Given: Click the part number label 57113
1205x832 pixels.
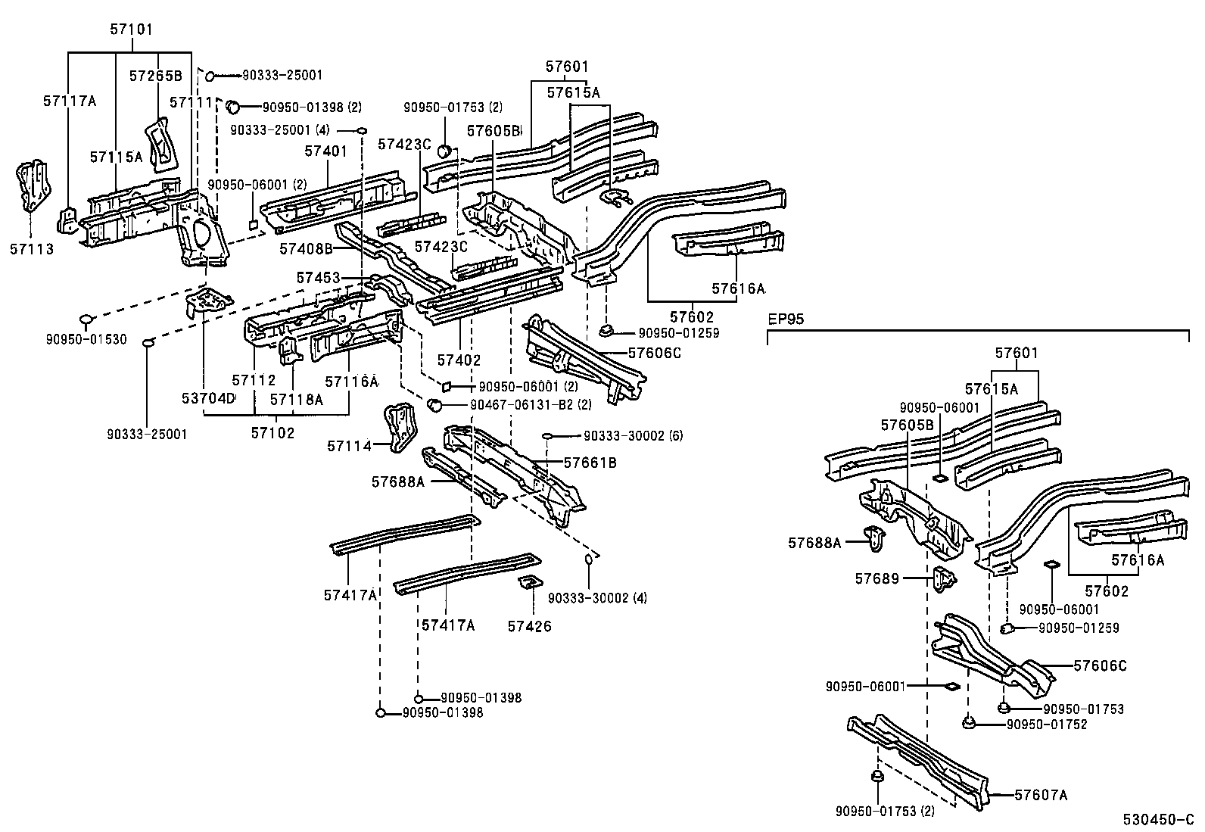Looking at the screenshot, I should [x=31, y=248].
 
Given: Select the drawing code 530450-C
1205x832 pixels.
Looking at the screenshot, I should [x=1156, y=821].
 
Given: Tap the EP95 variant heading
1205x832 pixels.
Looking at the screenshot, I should [x=786, y=320].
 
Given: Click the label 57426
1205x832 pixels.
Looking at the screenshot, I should [x=529, y=626].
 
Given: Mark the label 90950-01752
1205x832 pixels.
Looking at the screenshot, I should [x=1047, y=724].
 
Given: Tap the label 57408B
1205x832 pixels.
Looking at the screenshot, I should [x=306, y=248].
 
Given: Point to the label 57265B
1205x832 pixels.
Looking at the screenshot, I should [x=155, y=76].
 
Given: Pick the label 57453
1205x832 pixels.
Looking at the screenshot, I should [x=318, y=279].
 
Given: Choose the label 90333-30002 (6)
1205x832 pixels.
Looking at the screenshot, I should [x=633, y=436].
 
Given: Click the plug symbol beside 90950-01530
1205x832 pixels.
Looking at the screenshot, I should [x=86, y=318].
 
